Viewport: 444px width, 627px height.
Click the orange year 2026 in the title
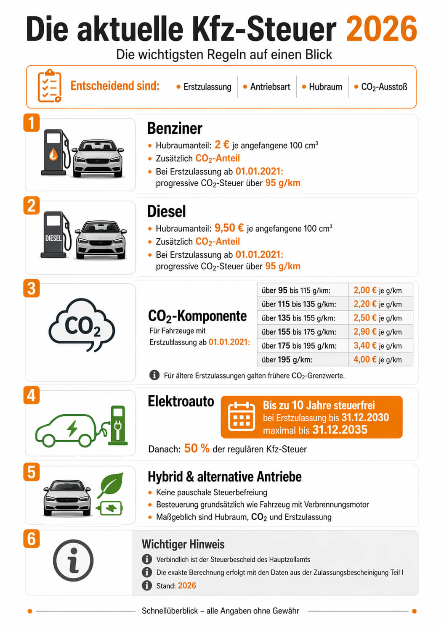pos(381,29)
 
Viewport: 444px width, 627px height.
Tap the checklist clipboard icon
pos(50,86)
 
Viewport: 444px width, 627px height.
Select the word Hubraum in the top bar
pos(325,87)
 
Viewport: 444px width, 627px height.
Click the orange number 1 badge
pos(32,123)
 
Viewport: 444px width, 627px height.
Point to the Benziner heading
pos(175,128)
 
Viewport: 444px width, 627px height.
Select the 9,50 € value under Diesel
pos(229,228)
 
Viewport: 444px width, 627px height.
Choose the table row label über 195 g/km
pos(287,360)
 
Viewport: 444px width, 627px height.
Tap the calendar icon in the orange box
pos(242,417)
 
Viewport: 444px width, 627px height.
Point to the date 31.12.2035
pos(340,430)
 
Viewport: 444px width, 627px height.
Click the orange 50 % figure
pos(197,448)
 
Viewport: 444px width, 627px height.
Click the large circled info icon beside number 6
pos(73,560)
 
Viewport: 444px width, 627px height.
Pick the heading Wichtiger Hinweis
pos(183,544)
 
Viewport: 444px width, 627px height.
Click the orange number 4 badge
pos(32,395)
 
